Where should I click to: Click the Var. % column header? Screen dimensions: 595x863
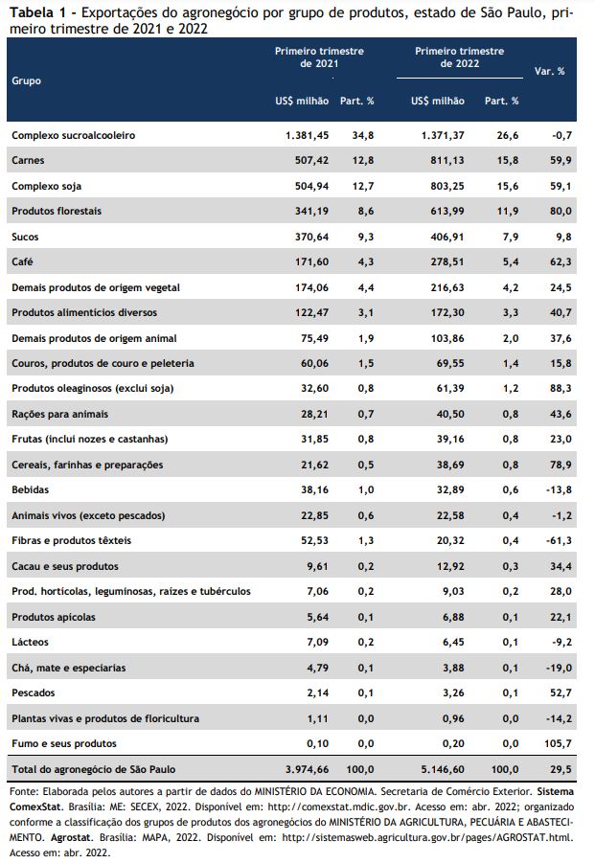(x=549, y=71)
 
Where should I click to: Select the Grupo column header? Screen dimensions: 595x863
(x=26, y=80)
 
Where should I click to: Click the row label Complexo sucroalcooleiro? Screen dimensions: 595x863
(x=73, y=135)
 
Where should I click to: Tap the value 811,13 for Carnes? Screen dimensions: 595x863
(x=446, y=160)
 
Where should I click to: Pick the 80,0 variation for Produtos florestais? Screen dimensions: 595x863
(x=561, y=211)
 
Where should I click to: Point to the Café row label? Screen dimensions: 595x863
(x=22, y=262)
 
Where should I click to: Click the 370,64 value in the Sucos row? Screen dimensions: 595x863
(x=311, y=237)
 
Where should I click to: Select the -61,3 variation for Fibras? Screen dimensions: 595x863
(x=559, y=540)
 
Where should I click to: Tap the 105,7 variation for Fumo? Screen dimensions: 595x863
(x=558, y=743)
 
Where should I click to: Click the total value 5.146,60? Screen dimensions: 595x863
(x=443, y=769)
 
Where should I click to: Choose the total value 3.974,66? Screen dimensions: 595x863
(x=308, y=769)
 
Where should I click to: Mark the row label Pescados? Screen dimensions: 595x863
(x=33, y=693)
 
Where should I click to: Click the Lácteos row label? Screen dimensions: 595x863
(x=30, y=643)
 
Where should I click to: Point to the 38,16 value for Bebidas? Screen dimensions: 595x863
(x=314, y=489)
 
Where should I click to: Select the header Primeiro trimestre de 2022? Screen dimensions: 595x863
(x=460, y=57)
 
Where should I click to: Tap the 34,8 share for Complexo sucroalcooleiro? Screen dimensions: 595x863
(x=363, y=135)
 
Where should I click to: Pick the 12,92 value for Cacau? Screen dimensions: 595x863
(x=450, y=566)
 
